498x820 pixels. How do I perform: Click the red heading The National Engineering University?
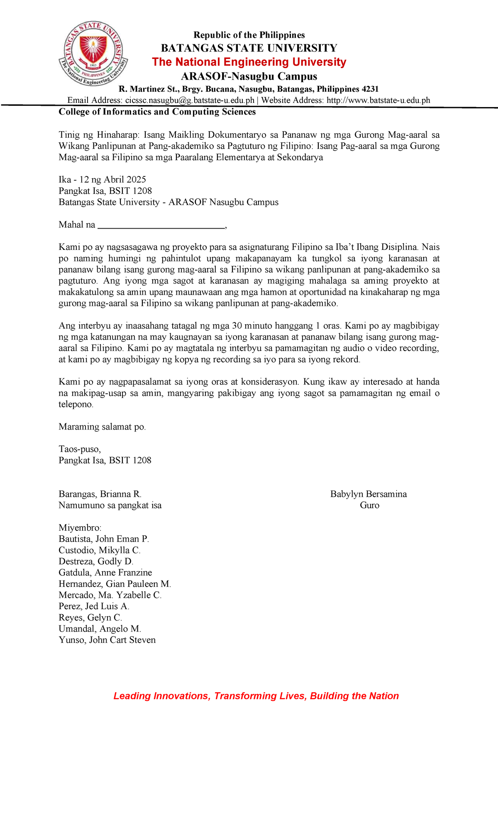coord(249,62)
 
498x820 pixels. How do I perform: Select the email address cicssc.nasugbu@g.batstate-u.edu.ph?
coord(190,100)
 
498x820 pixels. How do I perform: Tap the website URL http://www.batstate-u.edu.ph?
coord(378,100)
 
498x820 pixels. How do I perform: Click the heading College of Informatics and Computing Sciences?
coord(157,112)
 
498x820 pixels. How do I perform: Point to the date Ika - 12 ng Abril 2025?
coord(102,180)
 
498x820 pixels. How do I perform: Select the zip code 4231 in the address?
coord(369,89)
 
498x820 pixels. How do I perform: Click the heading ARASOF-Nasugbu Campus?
coord(249,76)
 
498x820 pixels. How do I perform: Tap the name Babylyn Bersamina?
coord(369,494)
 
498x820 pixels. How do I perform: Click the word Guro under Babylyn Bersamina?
coord(369,505)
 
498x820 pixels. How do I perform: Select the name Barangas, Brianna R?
coord(100,494)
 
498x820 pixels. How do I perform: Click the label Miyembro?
coord(80,528)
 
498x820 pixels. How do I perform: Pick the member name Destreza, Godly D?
coord(96,561)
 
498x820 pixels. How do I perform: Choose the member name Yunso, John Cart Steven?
coord(107,640)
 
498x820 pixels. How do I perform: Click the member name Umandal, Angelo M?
coord(100,629)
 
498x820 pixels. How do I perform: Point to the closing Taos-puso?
coord(80,449)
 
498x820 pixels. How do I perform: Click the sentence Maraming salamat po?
coord(102,427)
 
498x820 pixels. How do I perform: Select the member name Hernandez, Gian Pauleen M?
coord(115,584)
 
